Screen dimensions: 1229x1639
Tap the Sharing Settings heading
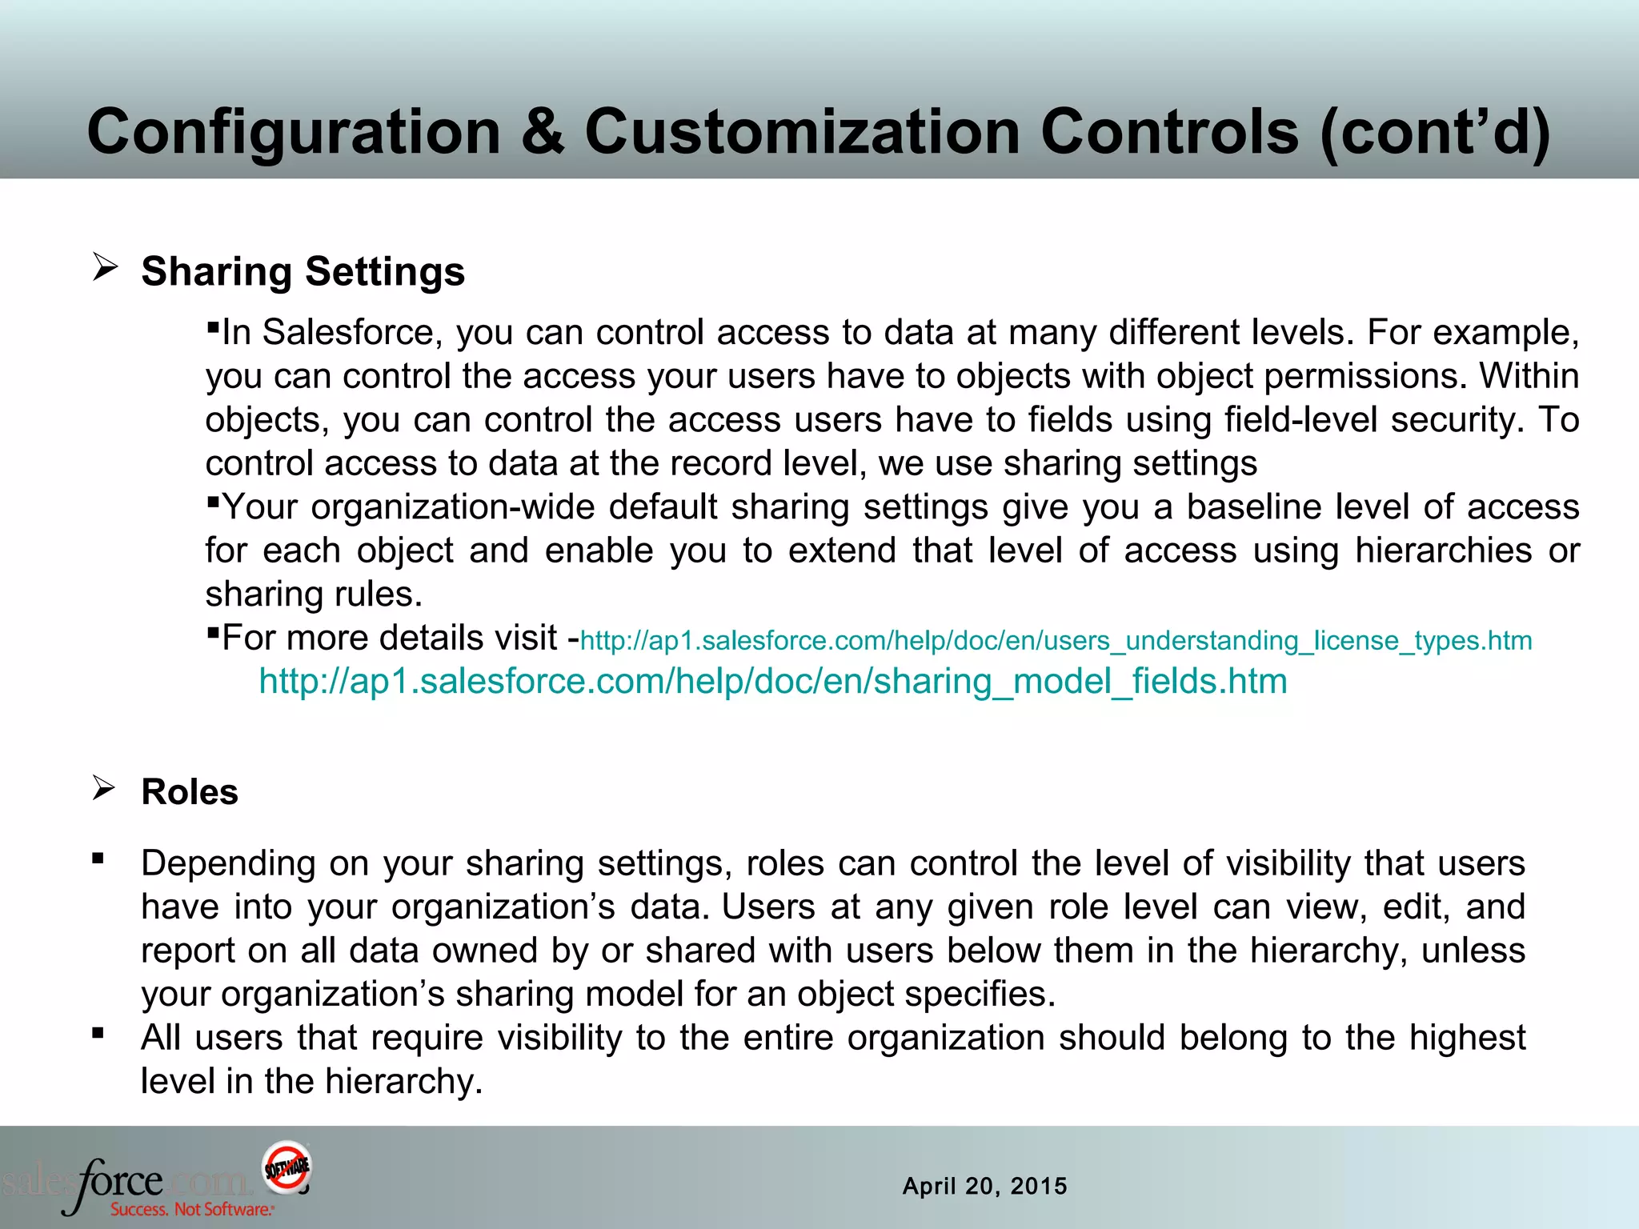point(303,271)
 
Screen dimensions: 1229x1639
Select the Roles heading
point(190,792)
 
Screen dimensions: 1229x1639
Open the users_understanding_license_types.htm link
point(1056,641)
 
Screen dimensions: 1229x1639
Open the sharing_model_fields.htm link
point(773,682)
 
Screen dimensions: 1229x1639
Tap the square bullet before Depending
point(98,859)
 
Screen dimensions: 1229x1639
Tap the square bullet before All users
point(98,1033)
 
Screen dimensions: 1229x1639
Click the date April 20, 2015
point(984,1186)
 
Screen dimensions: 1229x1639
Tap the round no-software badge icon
point(287,1166)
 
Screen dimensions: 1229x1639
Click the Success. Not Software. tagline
point(192,1209)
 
